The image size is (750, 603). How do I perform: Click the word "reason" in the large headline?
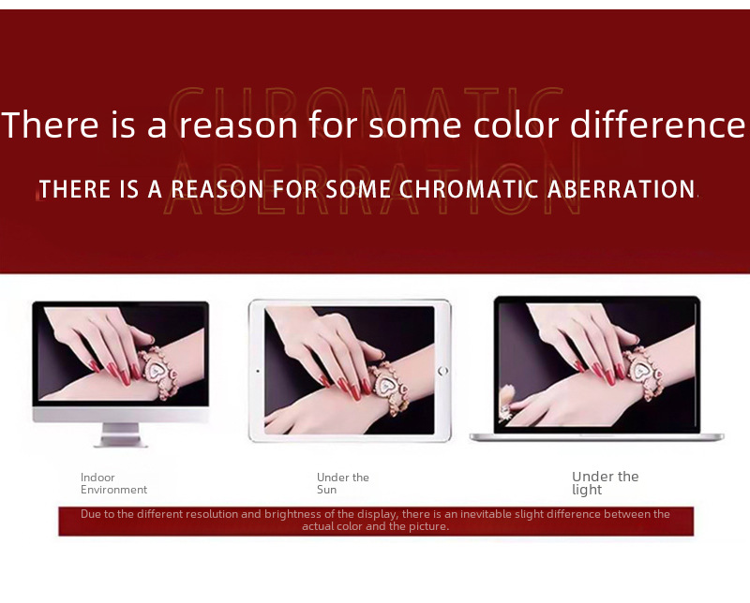tap(238, 125)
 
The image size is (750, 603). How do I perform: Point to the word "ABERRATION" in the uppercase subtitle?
tap(622, 189)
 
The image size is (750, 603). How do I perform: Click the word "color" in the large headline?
tap(517, 125)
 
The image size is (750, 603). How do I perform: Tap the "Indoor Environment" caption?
tap(113, 483)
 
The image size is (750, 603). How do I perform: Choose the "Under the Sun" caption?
tap(342, 483)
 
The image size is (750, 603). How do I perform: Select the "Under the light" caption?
tap(605, 483)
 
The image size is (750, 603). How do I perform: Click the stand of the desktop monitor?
tap(121, 434)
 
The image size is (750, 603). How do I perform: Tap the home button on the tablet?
tap(442, 371)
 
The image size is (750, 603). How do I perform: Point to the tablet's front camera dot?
tap(258, 371)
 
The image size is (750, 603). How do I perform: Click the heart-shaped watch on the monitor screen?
tap(157, 371)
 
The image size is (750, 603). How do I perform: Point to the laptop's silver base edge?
tap(596, 436)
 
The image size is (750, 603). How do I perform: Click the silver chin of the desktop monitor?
tap(121, 414)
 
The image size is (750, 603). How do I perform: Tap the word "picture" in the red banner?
tap(428, 526)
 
